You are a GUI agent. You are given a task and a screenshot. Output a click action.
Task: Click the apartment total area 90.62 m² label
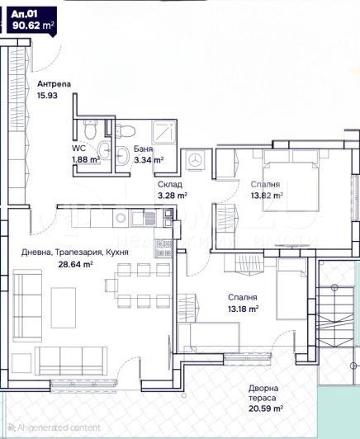point(34,26)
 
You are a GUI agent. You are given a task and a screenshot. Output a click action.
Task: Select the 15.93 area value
point(47,96)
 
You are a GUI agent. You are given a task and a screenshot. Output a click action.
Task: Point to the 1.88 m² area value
point(86,160)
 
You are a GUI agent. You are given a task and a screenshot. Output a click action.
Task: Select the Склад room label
point(171,184)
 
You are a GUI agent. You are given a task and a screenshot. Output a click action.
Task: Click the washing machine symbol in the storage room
point(196,160)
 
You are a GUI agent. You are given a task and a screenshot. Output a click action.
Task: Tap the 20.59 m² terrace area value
point(267,408)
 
